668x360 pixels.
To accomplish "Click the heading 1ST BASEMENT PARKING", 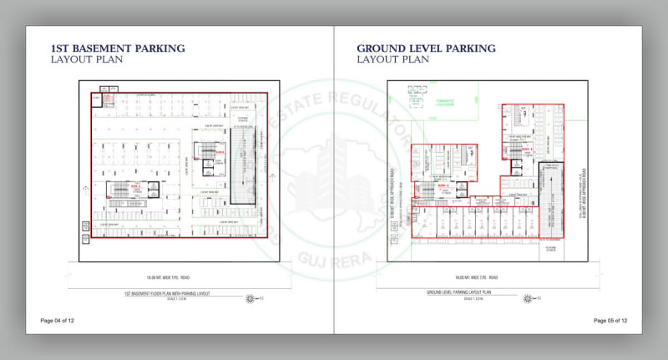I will pyautogui.click(x=118, y=48).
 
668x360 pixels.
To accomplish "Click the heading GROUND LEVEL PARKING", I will pyautogui.click(x=426, y=48).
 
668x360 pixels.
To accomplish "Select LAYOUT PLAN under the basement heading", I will pyautogui.click(x=84, y=60).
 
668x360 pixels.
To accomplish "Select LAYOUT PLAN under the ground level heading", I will pyautogui.click(x=392, y=60).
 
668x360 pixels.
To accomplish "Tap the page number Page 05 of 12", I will pyautogui.click(x=610, y=321).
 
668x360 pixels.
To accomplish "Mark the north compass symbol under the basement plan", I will pyautogui.click(x=250, y=298).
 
